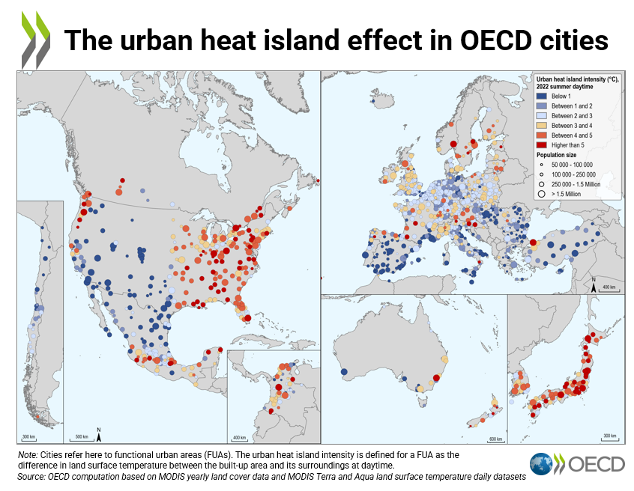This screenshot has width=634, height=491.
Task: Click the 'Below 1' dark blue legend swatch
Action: click(541, 97)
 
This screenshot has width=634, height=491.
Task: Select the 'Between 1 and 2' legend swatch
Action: click(541, 106)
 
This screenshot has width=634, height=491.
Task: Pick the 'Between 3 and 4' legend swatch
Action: click(541, 126)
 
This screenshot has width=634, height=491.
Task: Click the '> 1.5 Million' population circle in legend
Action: click(541, 194)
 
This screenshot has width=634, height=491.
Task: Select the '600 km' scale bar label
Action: click(495, 439)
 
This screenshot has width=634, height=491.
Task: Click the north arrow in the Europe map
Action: click(593, 286)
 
